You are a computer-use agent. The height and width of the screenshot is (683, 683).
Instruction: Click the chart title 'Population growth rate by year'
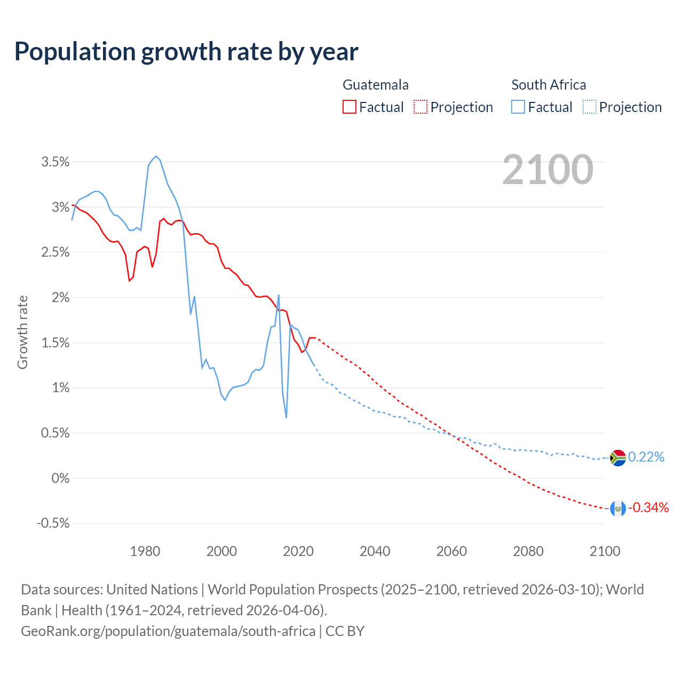pyautogui.click(x=186, y=52)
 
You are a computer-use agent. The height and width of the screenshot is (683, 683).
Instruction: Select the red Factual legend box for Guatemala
pyautogui.click(x=349, y=107)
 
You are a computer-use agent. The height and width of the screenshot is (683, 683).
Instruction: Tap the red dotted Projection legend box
pyautogui.click(x=420, y=107)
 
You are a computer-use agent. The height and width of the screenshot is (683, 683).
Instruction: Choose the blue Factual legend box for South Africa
pyautogui.click(x=518, y=107)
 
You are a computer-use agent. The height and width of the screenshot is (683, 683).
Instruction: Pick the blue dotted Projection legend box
pyautogui.click(x=589, y=107)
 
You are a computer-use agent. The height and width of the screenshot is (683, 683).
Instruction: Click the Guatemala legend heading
pyautogui.click(x=375, y=85)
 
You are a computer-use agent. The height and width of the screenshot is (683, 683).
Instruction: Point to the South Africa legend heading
pyautogui.click(x=549, y=85)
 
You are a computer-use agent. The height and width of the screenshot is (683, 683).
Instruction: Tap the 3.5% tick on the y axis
pyautogui.click(x=55, y=162)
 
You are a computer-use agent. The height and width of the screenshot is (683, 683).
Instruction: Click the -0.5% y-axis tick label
pyautogui.click(x=53, y=523)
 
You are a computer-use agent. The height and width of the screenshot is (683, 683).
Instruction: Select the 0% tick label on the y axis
pyautogui.click(x=60, y=479)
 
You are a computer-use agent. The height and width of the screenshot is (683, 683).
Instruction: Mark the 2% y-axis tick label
pyautogui.click(x=60, y=298)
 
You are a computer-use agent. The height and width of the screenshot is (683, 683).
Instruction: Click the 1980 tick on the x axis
pyautogui.click(x=145, y=551)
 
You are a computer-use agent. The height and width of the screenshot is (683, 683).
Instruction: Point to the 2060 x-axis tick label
pyautogui.click(x=451, y=551)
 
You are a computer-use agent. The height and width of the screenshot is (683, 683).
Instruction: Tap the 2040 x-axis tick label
pyautogui.click(x=375, y=551)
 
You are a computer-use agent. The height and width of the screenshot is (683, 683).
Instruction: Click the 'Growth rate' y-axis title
pyautogui.click(x=22, y=332)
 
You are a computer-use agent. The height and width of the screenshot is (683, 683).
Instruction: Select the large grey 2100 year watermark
pyautogui.click(x=547, y=170)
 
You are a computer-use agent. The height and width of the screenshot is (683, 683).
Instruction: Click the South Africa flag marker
pyautogui.click(x=617, y=458)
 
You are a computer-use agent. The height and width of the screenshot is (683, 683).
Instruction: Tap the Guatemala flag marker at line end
pyautogui.click(x=617, y=509)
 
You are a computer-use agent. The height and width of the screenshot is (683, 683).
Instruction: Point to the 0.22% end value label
pyautogui.click(x=646, y=457)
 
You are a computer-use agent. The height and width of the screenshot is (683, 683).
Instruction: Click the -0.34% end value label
pyautogui.click(x=648, y=508)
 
